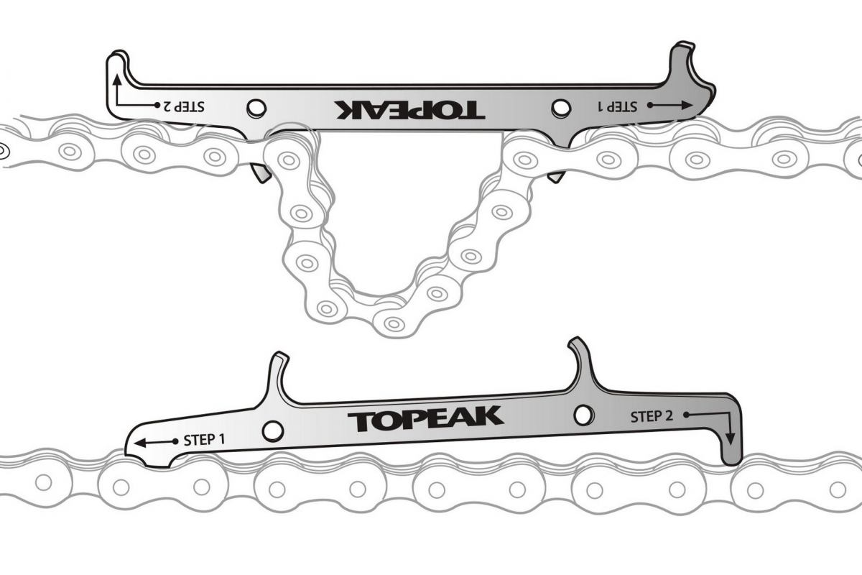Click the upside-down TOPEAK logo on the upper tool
(409, 109)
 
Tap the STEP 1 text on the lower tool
(204, 439)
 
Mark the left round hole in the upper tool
(256, 108)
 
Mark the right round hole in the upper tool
(560, 108)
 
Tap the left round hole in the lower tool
(272, 431)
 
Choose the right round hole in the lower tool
(584, 415)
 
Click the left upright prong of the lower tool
(277, 374)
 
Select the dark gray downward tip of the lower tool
(731, 449)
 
